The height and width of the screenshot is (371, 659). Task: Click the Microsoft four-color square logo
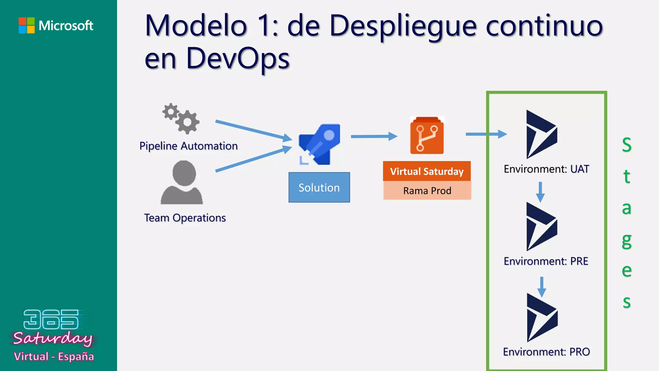pos(27,25)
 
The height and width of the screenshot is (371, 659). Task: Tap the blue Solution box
pos(319,187)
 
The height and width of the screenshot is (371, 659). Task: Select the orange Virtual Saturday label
pos(427,171)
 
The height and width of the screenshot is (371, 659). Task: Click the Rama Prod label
pos(427,191)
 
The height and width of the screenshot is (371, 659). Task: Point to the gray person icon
pos(182,183)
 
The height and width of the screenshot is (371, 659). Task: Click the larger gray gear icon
pos(188,122)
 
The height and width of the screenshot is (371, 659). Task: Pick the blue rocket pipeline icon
pos(320,144)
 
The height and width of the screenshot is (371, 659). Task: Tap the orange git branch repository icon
pos(427,136)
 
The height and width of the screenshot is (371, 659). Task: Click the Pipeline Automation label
pos(189,146)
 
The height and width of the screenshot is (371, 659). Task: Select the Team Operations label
pos(185,218)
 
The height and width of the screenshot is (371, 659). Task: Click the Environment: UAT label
pos(546,169)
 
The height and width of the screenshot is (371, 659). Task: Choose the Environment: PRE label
pos(546,261)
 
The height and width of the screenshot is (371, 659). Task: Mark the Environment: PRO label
pos(546,352)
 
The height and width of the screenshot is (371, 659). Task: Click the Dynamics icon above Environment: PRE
pos(541,226)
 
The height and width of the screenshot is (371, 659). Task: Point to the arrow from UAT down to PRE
pos(540,192)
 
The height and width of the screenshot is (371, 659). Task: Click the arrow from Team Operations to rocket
pos(254,158)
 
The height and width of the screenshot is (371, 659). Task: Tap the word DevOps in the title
pos(238,59)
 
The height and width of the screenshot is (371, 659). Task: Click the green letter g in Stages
pos(627,241)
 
